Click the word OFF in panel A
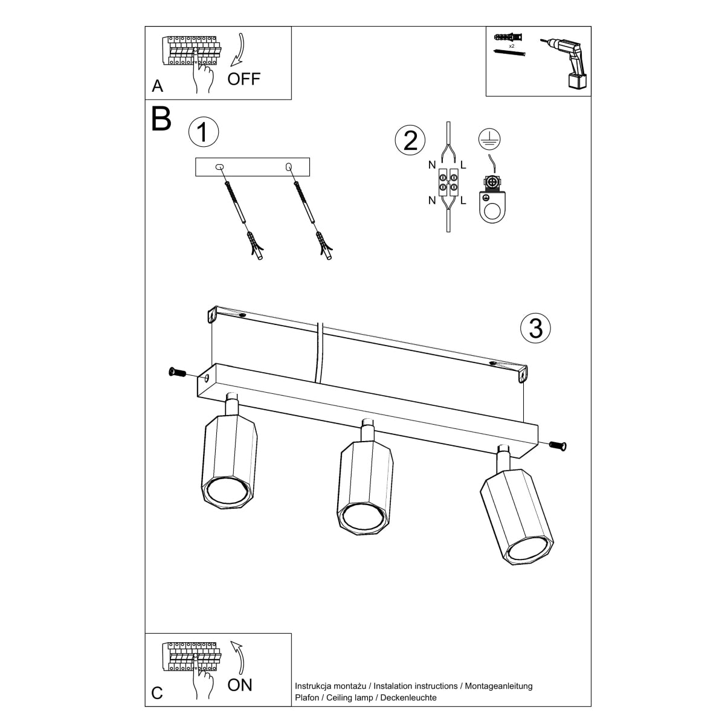pyautogui.click(x=243, y=79)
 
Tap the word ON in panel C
pyautogui.click(x=240, y=685)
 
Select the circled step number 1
pyautogui.click(x=203, y=132)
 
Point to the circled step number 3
pyautogui.click(x=535, y=328)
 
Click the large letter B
pyautogui.click(x=161, y=120)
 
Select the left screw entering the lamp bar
pyautogui.click(x=178, y=372)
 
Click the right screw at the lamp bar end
pyautogui.click(x=558, y=446)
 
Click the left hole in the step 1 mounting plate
pyautogui.click(x=220, y=166)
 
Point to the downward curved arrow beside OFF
pyautogui.click(x=239, y=51)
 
